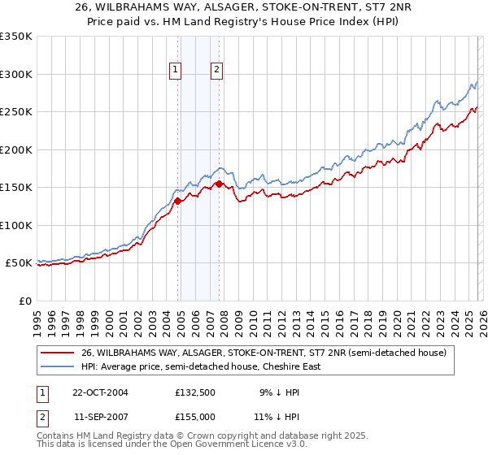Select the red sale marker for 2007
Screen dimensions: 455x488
coord(219,184)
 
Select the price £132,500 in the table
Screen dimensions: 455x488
coord(194,392)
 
